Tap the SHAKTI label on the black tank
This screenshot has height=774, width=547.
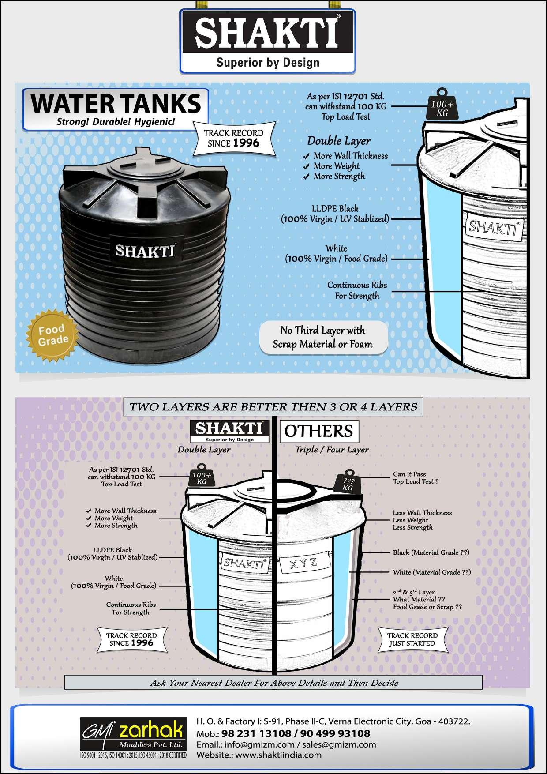click(x=145, y=251)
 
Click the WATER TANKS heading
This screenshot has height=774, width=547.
click(x=116, y=104)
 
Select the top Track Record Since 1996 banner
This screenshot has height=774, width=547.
click(x=233, y=139)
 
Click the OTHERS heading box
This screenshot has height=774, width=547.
click(x=318, y=431)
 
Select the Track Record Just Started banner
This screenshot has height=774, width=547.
click(x=412, y=639)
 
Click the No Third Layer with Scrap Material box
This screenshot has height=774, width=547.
click(x=322, y=337)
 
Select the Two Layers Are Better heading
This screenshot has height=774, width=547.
click(x=273, y=407)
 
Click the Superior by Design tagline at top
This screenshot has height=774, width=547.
click(x=267, y=62)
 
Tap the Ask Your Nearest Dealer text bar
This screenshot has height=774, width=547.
click(x=273, y=683)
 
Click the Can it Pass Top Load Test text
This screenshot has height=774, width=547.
click(x=415, y=478)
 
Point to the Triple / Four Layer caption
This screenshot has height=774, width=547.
click(x=332, y=449)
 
